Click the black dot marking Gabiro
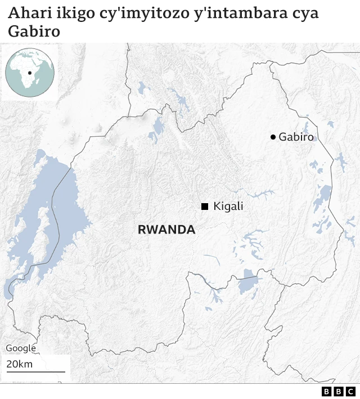(273, 137)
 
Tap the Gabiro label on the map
(296, 137)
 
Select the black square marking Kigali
(205, 207)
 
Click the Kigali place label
(228, 207)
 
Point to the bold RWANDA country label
(166, 230)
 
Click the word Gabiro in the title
(34, 33)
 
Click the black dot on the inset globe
(29, 73)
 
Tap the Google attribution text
(21, 348)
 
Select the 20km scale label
(20, 364)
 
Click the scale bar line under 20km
(35, 371)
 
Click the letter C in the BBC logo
(350, 391)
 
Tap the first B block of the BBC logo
(327, 391)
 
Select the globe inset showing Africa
(29, 73)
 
